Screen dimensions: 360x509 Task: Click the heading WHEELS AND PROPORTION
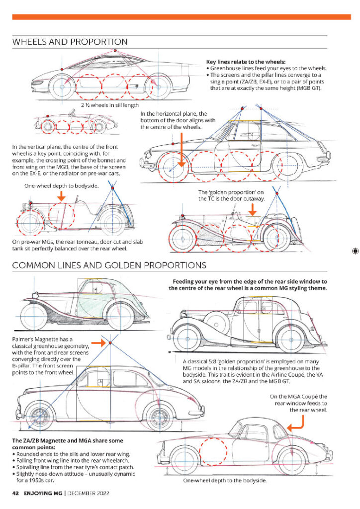pyautogui.click(x=70, y=42)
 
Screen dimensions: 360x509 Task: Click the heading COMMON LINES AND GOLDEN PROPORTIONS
pyautogui.click(x=109, y=265)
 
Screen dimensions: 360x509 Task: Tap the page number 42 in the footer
pyautogui.click(x=15, y=493)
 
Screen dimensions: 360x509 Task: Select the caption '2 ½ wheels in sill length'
pyautogui.click(x=110, y=105)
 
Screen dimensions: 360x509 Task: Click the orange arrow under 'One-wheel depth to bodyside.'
pyautogui.click(x=61, y=196)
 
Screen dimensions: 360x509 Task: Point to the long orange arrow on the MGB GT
pyautogui.click(x=181, y=150)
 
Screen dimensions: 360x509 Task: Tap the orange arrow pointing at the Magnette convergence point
pyautogui.click(x=98, y=342)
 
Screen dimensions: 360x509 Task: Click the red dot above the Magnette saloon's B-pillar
pyautogui.click(x=110, y=343)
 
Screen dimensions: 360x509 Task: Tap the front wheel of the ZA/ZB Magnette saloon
pyautogui.click(x=40, y=417)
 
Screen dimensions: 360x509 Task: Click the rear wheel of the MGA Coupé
pyautogui.click(x=292, y=461)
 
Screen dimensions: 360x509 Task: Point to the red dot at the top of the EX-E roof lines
pyautogui.click(x=115, y=51)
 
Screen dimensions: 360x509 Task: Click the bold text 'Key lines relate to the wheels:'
pyautogui.click(x=246, y=61)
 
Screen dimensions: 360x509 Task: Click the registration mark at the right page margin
pyautogui.click(x=355, y=251)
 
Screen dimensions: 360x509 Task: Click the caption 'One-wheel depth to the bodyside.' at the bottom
pyautogui.click(x=225, y=481)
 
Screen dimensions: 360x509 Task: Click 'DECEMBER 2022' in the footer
pyautogui.click(x=88, y=493)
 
